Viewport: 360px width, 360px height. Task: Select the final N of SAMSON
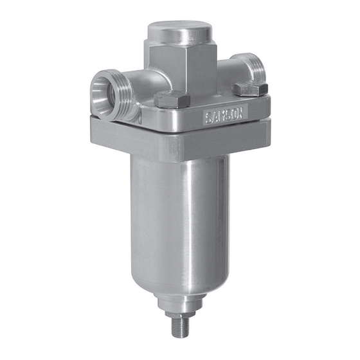[240, 113]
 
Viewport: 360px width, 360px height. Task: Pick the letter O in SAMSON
[234, 114]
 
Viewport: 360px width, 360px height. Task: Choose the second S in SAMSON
[228, 115]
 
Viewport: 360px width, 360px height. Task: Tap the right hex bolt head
[250, 89]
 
